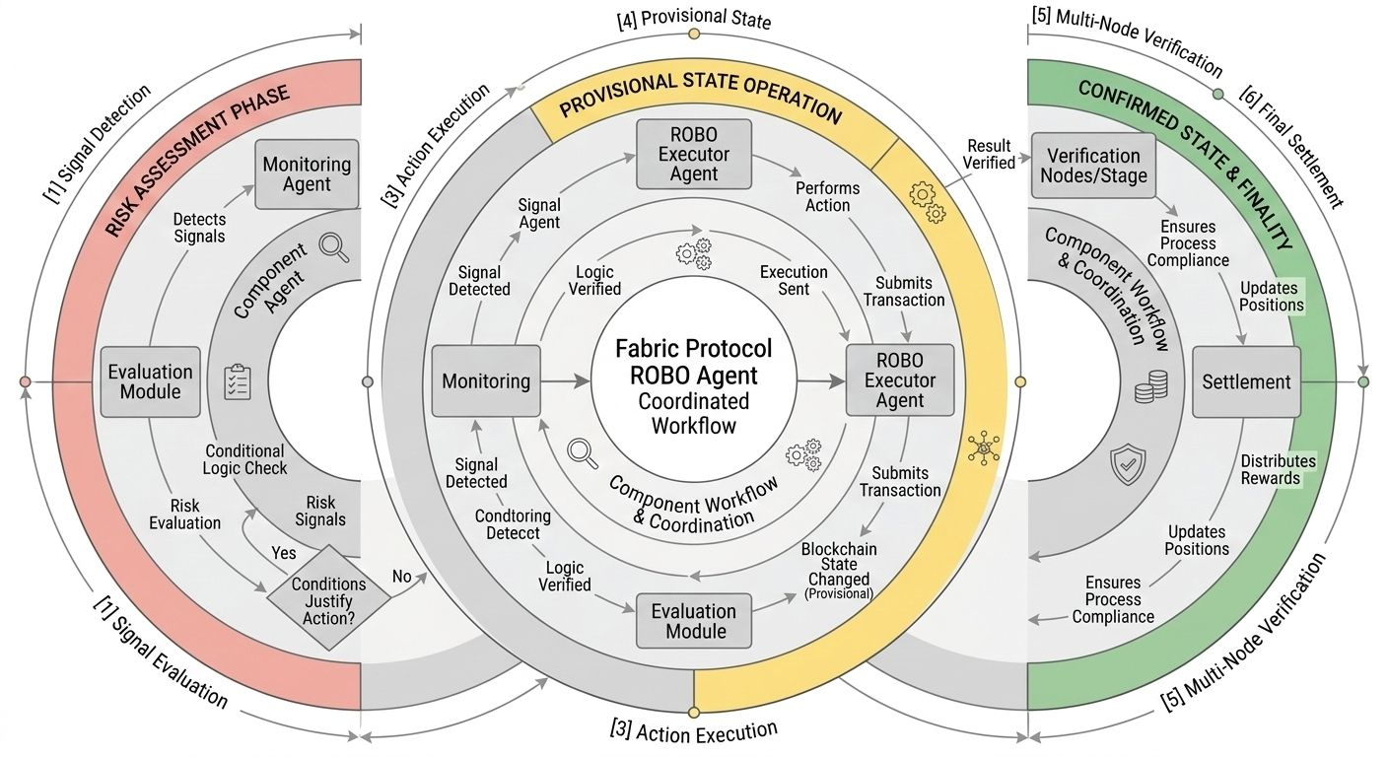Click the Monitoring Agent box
click(x=307, y=174)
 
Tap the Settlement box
click(x=1246, y=381)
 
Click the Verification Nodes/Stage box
click(x=1093, y=165)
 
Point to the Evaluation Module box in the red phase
click(x=151, y=381)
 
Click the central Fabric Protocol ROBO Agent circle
click(x=694, y=382)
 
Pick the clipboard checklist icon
click(x=238, y=381)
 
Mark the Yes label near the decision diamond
click(x=283, y=553)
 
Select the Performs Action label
click(x=827, y=196)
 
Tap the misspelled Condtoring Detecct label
click(x=507, y=524)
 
